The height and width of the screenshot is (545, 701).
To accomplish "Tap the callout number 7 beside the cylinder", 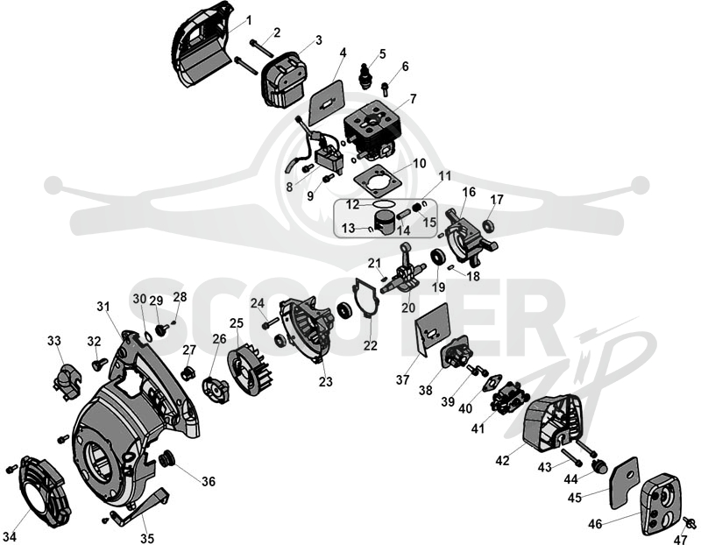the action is click(x=413, y=98).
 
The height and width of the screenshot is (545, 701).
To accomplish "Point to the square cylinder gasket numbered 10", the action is click(x=376, y=182).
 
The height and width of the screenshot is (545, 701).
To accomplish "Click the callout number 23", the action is click(x=325, y=381).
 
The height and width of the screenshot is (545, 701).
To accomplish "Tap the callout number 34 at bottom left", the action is click(x=10, y=536).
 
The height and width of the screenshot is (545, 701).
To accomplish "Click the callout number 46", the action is click(x=595, y=524).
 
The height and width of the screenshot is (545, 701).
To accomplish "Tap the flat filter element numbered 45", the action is click(x=624, y=484).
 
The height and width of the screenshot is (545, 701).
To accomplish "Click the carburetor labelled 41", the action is click(x=510, y=398).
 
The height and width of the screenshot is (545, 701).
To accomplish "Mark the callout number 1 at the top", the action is click(x=249, y=20).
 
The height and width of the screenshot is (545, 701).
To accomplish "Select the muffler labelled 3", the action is click(x=283, y=81).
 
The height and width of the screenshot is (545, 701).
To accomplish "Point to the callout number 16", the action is click(x=469, y=192).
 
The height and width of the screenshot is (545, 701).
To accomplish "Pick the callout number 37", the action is click(x=402, y=379).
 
